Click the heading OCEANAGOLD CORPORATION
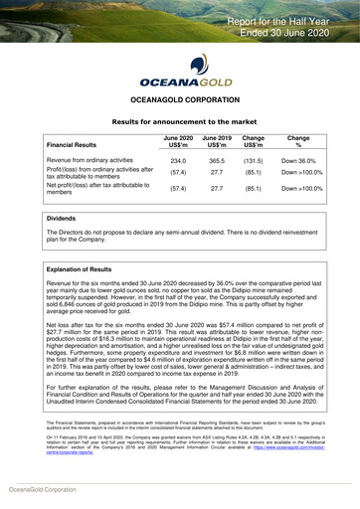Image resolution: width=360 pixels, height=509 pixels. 180,100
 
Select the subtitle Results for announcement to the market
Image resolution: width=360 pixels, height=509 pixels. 180,119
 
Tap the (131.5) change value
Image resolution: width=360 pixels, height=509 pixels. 253,160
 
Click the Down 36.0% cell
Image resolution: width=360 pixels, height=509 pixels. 298,160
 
